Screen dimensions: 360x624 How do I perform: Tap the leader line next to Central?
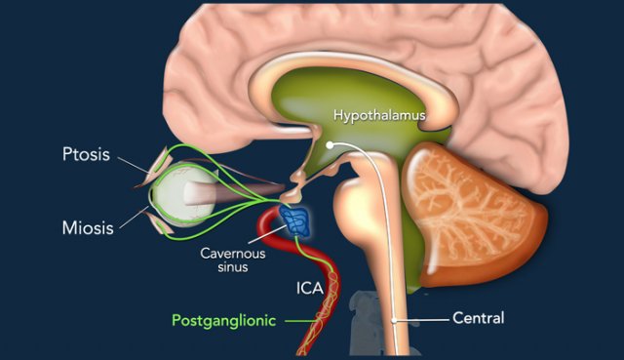(427, 318)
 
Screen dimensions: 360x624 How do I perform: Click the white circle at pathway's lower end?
(393, 318)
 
